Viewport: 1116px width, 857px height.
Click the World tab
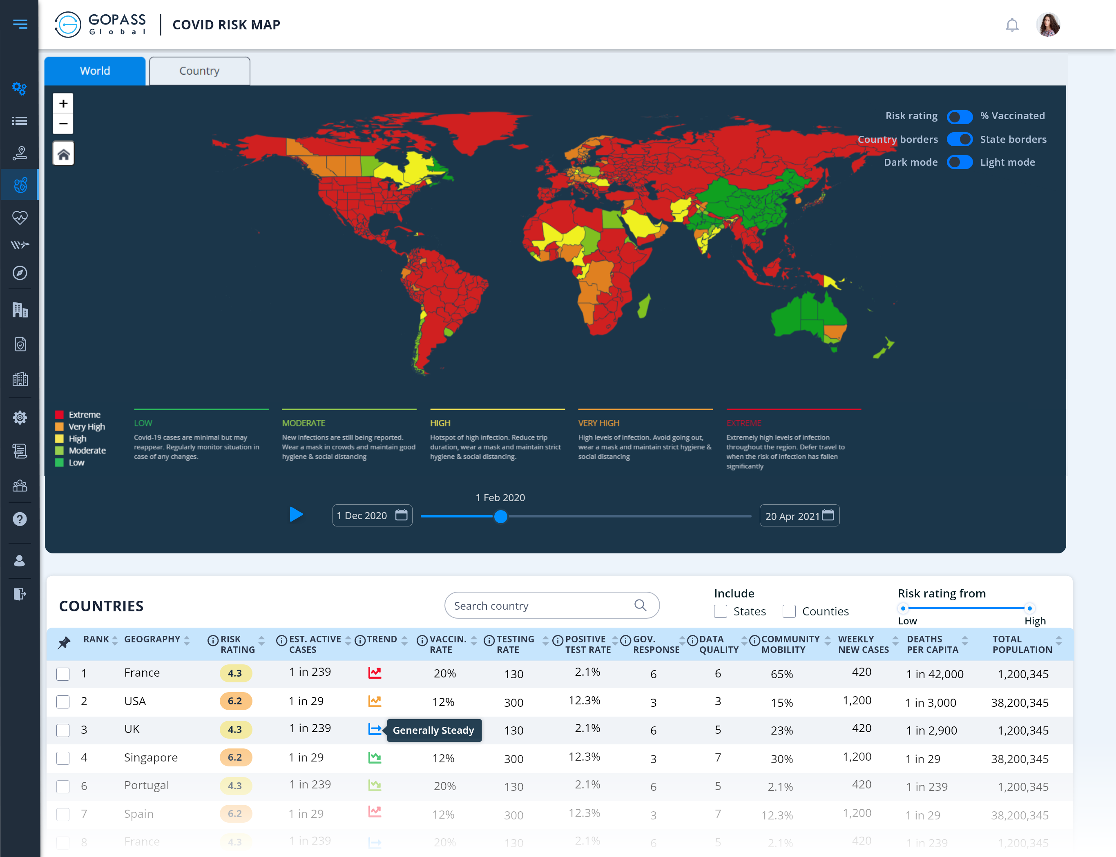95,71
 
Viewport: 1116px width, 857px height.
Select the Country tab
199,71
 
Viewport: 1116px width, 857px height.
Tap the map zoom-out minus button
63,123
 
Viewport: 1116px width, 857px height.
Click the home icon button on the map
63,154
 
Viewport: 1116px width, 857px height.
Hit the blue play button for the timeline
296,514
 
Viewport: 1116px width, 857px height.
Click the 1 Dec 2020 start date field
372,516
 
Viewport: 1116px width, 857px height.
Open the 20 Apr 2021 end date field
799,516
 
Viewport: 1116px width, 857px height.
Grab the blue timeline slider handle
501,517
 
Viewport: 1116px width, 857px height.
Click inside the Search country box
541,606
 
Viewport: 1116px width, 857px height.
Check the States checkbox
720,611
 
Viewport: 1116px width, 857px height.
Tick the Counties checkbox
789,611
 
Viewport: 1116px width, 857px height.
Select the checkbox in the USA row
63,702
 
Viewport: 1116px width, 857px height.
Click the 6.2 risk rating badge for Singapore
235,757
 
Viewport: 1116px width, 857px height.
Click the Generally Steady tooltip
433,730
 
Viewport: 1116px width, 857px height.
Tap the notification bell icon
1012,25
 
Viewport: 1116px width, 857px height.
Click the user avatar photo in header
1048,25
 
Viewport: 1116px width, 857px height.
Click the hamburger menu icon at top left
20,24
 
